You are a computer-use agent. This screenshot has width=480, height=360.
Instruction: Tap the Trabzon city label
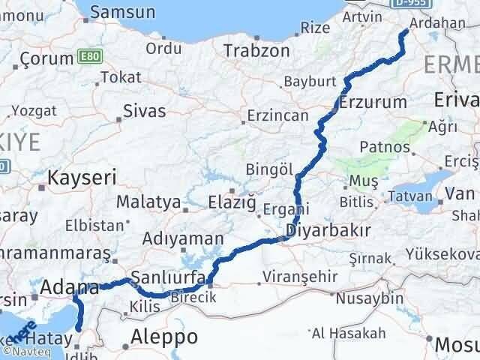click(x=256, y=51)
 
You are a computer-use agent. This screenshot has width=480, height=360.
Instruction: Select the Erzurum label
click(x=373, y=102)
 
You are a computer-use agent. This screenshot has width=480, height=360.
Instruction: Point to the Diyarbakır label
click(x=323, y=230)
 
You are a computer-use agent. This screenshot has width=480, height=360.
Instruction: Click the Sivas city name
click(x=145, y=112)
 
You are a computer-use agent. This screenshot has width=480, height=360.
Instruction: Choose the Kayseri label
click(x=81, y=178)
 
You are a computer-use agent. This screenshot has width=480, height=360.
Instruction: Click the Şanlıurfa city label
click(x=167, y=278)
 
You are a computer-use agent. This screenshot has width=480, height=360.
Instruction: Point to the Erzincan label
click(x=279, y=116)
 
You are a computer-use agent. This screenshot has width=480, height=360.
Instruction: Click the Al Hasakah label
click(x=349, y=333)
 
